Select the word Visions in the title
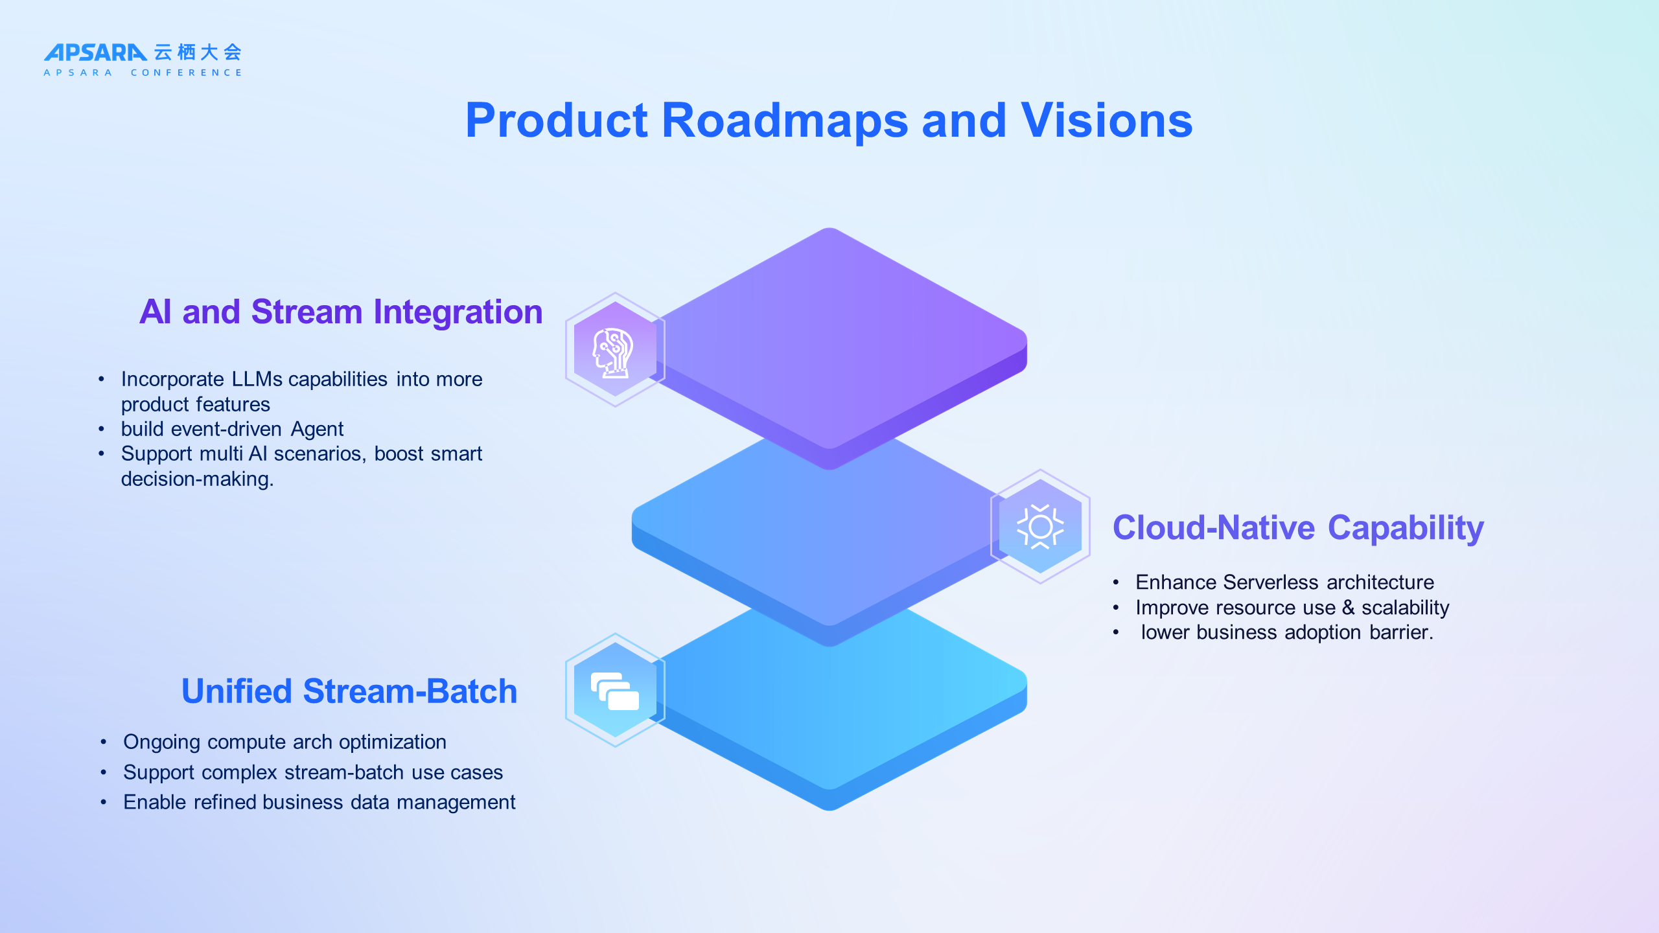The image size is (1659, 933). pos(1106,121)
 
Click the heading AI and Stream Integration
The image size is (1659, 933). pos(341,312)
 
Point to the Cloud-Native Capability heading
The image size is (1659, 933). pos(1298,527)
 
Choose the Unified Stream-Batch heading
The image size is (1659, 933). pos(349,691)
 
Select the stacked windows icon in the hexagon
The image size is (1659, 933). pos(615,691)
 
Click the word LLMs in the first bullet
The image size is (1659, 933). pos(257,379)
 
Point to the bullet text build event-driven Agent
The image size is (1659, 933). pos(232,429)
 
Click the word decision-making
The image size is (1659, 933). pos(197,479)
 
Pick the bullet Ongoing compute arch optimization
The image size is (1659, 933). pos(284,742)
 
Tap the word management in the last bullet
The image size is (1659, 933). pos(456,802)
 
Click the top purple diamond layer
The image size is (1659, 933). pos(836,337)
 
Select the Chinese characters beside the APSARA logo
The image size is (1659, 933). pos(198,52)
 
